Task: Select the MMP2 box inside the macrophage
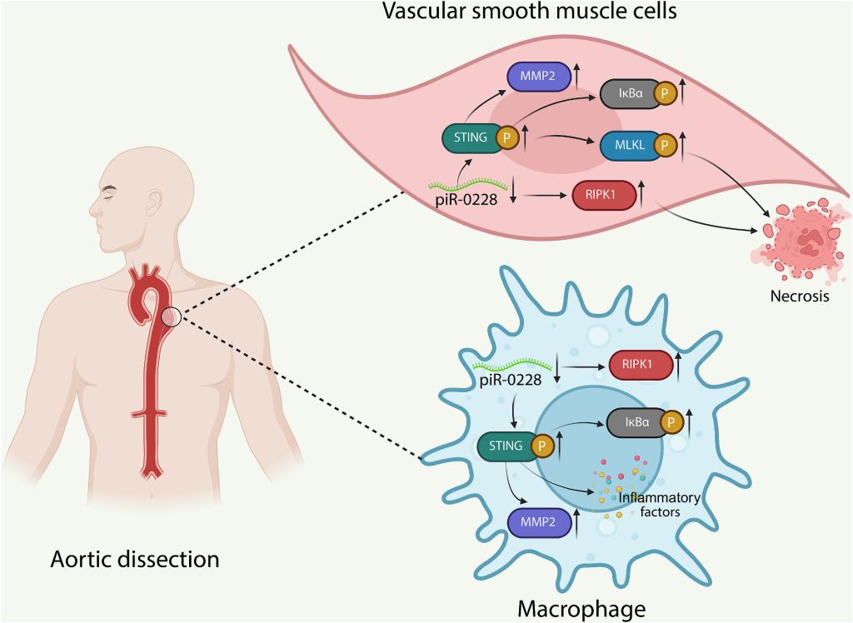537,522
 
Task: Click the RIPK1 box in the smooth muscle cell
603,197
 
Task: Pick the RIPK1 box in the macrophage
640,364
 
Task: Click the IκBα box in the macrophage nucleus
636,422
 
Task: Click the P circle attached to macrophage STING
541,446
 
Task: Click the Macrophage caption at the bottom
581,609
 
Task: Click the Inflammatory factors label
659,505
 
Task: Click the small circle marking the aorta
172,317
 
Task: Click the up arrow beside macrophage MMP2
576,522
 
